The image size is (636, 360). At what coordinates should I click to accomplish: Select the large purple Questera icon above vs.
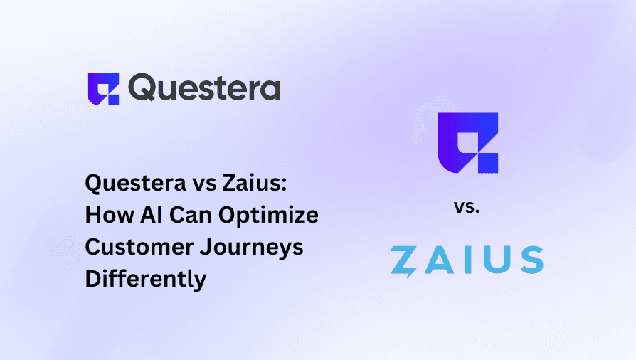(466, 142)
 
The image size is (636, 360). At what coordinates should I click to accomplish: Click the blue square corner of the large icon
(489, 162)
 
